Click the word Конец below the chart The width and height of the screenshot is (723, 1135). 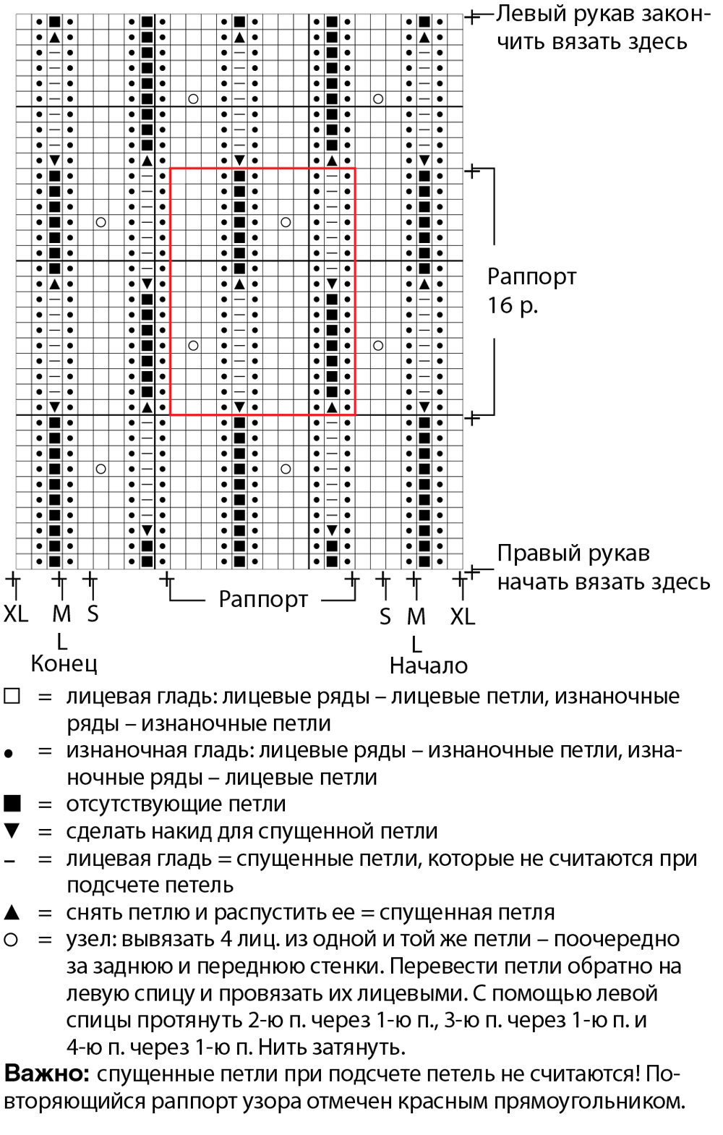pos(64,663)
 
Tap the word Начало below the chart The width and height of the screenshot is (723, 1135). pos(428,666)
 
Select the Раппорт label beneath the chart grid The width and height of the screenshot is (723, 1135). pos(262,599)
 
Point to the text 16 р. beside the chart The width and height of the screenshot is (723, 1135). pos(512,305)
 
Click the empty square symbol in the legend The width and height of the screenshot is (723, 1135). pos(12,696)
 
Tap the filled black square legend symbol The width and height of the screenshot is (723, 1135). pos(12,804)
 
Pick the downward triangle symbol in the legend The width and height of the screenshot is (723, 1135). pos(12,831)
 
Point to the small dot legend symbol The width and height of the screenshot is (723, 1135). pos(8,754)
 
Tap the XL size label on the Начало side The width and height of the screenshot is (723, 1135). pos(463,616)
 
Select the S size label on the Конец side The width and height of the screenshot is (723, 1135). pos(93,613)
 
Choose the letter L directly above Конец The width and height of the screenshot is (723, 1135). pos(61,642)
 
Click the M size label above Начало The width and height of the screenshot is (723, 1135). pos(416,616)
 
